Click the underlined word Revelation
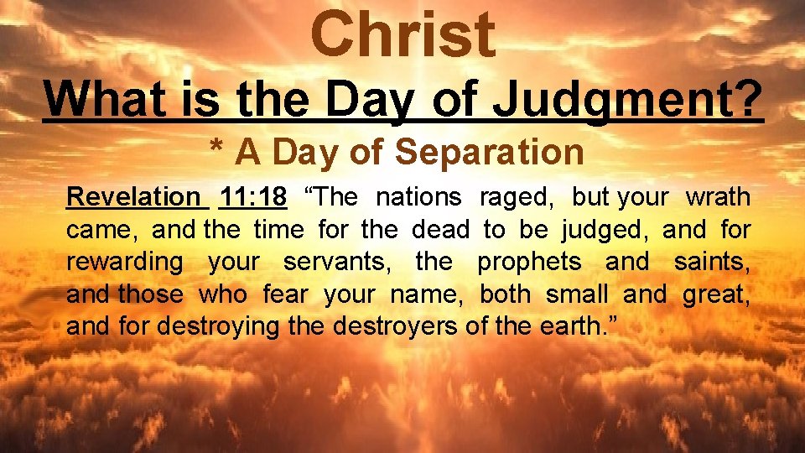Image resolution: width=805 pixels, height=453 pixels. tap(133, 197)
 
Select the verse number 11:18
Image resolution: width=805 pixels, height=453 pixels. tap(252, 197)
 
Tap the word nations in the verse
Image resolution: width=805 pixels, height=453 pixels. tap(418, 197)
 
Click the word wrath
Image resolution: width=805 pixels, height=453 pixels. tap(718, 197)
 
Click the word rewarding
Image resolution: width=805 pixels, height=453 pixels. tap(124, 263)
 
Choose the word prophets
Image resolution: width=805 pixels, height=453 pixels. tap(529, 263)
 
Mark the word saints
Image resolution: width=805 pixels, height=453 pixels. tap(711, 263)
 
